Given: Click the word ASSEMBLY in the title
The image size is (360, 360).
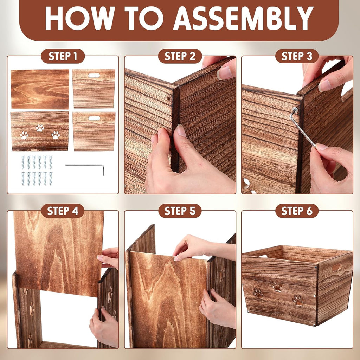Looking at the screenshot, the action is point(243,18).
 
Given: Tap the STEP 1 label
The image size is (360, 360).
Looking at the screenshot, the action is point(63,56).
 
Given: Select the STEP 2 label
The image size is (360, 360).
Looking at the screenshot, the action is point(180,56).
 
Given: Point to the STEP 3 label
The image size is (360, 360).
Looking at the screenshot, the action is point(297,56).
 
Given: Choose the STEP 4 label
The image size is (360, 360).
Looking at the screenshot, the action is point(63,211).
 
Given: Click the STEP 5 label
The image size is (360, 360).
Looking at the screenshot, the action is point(180,211).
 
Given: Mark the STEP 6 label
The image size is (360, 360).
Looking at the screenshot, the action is point(297,211).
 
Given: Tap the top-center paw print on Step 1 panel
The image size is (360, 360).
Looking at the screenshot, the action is point(40,128).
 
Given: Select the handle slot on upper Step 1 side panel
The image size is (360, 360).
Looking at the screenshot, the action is point(94,75).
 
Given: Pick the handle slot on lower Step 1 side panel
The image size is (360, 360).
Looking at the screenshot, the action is point(94,118).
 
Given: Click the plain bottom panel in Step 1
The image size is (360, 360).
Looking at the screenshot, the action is point(40,89).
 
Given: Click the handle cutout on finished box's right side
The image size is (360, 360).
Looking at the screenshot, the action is point(337,268).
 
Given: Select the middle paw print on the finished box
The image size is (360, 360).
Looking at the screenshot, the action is point(277,286).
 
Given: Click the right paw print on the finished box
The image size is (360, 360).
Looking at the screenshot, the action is point(298,300).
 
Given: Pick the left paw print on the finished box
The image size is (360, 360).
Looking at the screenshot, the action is point(258,293).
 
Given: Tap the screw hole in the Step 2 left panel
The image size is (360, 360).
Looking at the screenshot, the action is point(168,99).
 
